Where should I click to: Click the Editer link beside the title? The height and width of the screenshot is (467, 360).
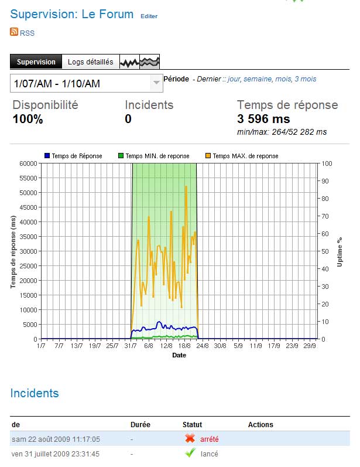149,16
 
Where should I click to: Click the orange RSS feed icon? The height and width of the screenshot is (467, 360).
14,32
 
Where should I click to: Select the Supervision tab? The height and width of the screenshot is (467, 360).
36,62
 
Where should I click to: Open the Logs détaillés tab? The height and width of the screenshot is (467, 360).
90,62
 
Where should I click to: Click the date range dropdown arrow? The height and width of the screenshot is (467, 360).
156,83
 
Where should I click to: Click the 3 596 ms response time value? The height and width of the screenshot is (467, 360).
263,119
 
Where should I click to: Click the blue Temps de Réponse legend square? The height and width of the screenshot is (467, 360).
47,156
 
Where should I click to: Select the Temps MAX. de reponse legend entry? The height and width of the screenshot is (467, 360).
245,156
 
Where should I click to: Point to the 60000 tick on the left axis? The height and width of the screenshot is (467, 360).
28,163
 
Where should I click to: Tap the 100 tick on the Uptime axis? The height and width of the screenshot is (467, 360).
325,163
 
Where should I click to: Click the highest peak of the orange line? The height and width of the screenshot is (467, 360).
186,186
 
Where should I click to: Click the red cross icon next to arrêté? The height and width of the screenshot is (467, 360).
190,438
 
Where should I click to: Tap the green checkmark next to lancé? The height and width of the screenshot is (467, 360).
190,453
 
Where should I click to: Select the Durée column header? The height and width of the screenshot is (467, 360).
140,424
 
